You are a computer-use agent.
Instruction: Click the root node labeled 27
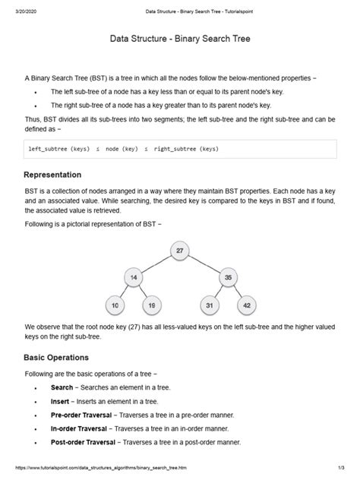coord(179,251)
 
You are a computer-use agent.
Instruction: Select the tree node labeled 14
coord(134,278)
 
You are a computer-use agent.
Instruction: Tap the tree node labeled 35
coord(226,278)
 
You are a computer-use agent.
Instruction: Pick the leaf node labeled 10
coord(115,305)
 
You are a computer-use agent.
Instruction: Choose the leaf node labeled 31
coord(209,305)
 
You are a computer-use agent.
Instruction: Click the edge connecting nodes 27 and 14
coord(156,264)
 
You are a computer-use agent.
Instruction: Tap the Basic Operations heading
coord(57,357)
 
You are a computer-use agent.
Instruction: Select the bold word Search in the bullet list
coord(62,387)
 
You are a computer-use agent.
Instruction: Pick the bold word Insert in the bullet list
coord(60,401)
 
